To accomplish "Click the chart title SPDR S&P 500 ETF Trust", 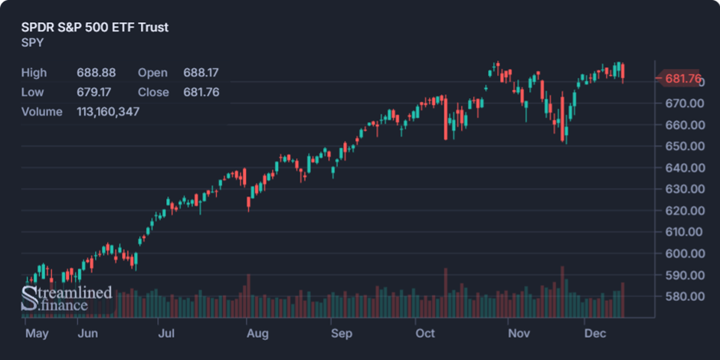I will tap(95, 28).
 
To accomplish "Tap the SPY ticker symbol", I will tap(32, 43).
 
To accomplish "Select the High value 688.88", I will tap(96, 73).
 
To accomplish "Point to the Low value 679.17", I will tap(96, 92).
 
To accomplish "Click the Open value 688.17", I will tap(201, 73).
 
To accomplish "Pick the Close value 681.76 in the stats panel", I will tap(201, 92).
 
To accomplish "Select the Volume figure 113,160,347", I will tap(108, 112).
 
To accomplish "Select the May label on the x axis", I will tap(37, 334).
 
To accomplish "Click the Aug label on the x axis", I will tap(257, 334).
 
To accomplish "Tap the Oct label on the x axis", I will tap(424, 334).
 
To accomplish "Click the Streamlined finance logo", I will tap(67, 299).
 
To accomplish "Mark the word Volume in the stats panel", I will tap(41, 112).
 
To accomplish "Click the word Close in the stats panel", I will tap(153, 92).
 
